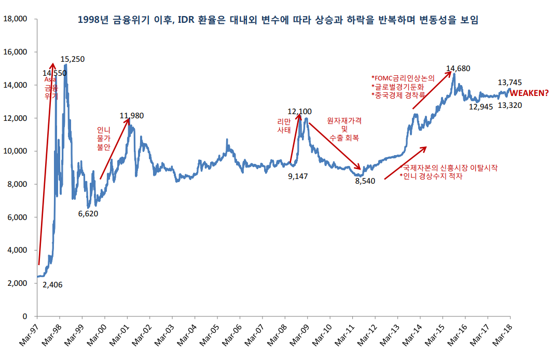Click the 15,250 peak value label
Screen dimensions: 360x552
pyautogui.click(x=72, y=59)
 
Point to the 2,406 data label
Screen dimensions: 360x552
pyautogui.click(x=52, y=285)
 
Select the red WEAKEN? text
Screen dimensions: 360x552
pyautogui.click(x=530, y=93)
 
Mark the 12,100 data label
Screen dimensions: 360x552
pyautogui.click(x=299, y=111)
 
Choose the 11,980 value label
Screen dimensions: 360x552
pyautogui.click(x=131, y=116)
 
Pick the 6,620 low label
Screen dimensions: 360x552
pyautogui.click(x=88, y=213)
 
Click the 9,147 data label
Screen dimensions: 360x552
pyautogui.click(x=298, y=176)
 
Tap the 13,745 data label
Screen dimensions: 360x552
pyautogui.click(x=510, y=82)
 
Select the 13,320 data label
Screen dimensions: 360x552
pyautogui.click(x=510, y=105)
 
